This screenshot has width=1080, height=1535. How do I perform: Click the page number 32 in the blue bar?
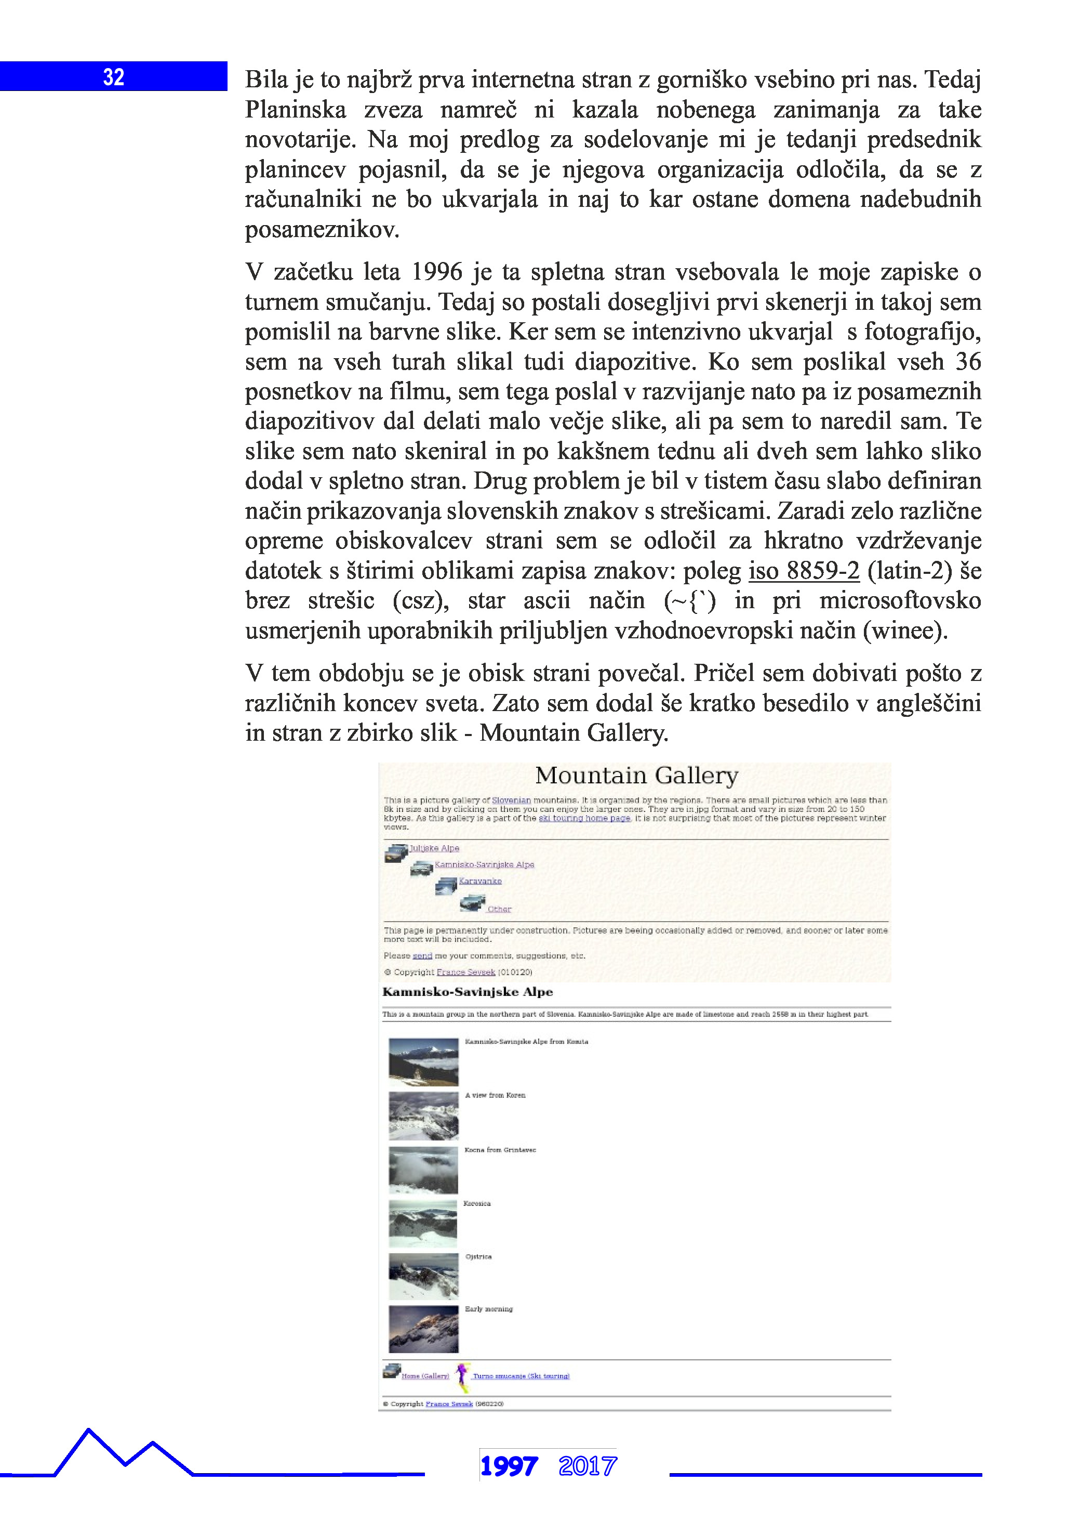coord(114,77)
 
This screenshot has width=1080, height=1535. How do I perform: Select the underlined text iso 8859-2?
coord(803,570)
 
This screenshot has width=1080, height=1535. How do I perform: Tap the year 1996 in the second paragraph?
coord(436,272)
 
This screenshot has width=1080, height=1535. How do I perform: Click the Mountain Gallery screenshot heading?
coord(636,776)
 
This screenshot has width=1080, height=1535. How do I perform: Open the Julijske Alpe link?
coord(434,848)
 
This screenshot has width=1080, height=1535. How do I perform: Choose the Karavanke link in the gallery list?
coord(480,881)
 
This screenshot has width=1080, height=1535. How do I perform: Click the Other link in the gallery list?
coord(499,909)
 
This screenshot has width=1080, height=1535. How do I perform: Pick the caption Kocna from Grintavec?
coord(500,1150)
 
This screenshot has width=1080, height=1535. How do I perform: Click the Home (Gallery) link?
coord(425,1376)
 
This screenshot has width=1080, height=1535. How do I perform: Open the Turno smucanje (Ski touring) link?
coord(521,1376)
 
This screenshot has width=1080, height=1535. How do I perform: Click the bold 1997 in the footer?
coord(509,1466)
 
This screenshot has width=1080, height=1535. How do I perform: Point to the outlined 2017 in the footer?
coord(588,1466)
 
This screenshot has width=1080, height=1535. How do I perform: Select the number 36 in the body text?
coord(967,362)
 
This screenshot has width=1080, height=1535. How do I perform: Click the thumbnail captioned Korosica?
coord(423,1223)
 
